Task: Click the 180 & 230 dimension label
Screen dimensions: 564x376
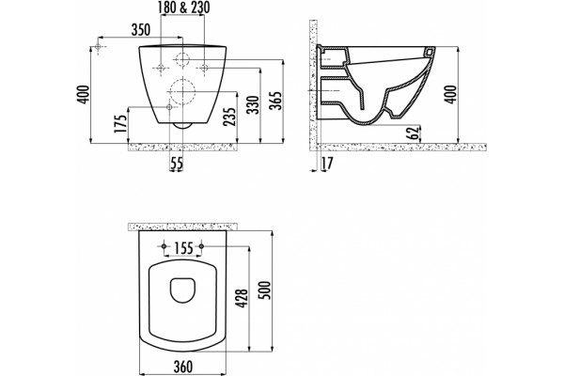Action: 184,8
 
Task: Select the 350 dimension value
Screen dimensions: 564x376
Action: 141,30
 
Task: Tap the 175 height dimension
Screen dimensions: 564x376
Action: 121,124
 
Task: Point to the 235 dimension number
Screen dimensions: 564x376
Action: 230,112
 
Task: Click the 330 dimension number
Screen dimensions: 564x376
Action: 254,104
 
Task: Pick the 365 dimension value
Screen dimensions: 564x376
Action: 276,101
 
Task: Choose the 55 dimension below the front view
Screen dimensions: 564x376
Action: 177,164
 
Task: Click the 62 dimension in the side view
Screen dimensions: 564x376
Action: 414,133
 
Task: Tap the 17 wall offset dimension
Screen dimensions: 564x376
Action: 327,164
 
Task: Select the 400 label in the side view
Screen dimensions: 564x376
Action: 450,95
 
